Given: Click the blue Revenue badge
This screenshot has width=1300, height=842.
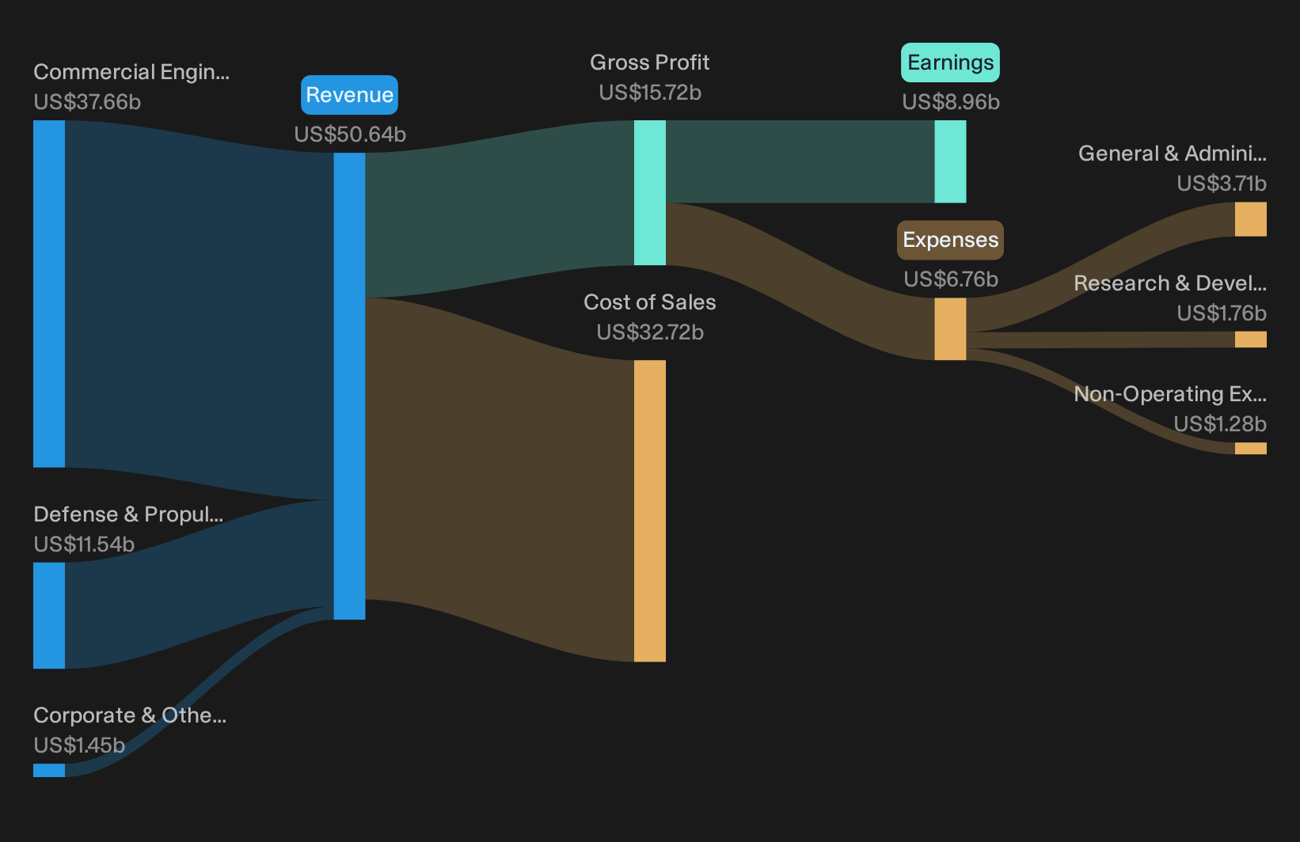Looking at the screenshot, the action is click(349, 95).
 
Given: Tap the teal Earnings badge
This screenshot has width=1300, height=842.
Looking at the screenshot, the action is click(950, 62).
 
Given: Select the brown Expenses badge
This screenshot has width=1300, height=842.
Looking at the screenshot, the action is click(950, 240).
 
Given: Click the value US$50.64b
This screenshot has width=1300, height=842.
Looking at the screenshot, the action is click(350, 134).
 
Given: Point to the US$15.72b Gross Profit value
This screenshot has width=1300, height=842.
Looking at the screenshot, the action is click(650, 93).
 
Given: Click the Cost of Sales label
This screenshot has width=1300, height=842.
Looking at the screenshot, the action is click(649, 302).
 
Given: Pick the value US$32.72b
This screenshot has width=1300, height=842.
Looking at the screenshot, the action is click(650, 332).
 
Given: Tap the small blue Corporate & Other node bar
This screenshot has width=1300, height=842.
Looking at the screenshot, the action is click(49, 770).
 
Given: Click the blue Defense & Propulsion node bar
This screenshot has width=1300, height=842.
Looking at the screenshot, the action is click(49, 615).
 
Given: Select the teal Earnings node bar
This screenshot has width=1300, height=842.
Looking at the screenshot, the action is click(950, 161).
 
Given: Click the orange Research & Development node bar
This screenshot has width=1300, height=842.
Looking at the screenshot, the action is click(1251, 339).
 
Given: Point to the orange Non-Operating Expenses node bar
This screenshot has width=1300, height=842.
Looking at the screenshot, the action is click(1251, 448).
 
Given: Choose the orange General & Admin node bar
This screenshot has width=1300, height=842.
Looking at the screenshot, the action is click(1251, 219).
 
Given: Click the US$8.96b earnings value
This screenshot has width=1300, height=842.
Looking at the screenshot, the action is click(951, 101).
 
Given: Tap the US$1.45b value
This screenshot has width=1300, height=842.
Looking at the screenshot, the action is click(79, 745).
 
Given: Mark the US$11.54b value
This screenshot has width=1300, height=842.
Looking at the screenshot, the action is click(84, 544).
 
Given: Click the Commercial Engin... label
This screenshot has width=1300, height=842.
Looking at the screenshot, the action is click(131, 72).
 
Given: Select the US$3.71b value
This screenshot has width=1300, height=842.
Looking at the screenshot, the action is click(1222, 184).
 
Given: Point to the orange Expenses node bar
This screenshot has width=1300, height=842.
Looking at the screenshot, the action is click(950, 329).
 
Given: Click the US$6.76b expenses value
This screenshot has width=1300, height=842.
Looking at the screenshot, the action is click(951, 279).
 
